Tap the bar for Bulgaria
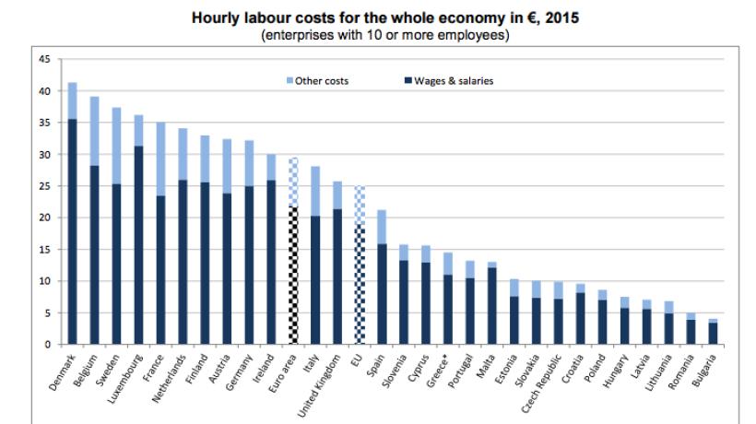tap(714, 333)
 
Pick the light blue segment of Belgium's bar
tap(94, 131)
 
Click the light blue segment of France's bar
tap(160, 159)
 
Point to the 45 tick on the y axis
tap(42, 60)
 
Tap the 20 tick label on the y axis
tap(42, 218)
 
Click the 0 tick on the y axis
tap(45, 344)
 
